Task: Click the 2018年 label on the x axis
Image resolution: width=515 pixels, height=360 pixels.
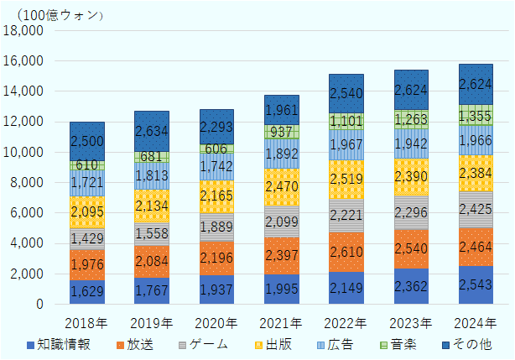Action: pos(86,322)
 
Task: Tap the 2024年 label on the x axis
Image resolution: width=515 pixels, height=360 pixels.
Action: pos(476,322)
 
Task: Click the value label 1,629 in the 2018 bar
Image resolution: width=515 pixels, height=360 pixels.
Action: pos(86,292)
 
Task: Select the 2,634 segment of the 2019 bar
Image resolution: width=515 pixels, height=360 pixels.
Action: pos(151,131)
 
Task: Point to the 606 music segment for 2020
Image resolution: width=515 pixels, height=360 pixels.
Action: pos(216,149)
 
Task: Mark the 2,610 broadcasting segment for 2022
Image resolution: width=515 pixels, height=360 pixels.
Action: pos(346,253)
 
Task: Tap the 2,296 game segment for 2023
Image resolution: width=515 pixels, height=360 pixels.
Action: pos(411,213)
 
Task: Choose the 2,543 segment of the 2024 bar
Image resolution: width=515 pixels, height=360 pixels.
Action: pos(476,285)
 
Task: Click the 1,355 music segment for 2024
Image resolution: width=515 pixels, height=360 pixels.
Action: pos(476,115)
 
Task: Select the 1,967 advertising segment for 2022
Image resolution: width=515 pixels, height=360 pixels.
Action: pos(346,145)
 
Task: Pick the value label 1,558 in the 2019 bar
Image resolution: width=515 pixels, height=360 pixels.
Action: pos(151,235)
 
